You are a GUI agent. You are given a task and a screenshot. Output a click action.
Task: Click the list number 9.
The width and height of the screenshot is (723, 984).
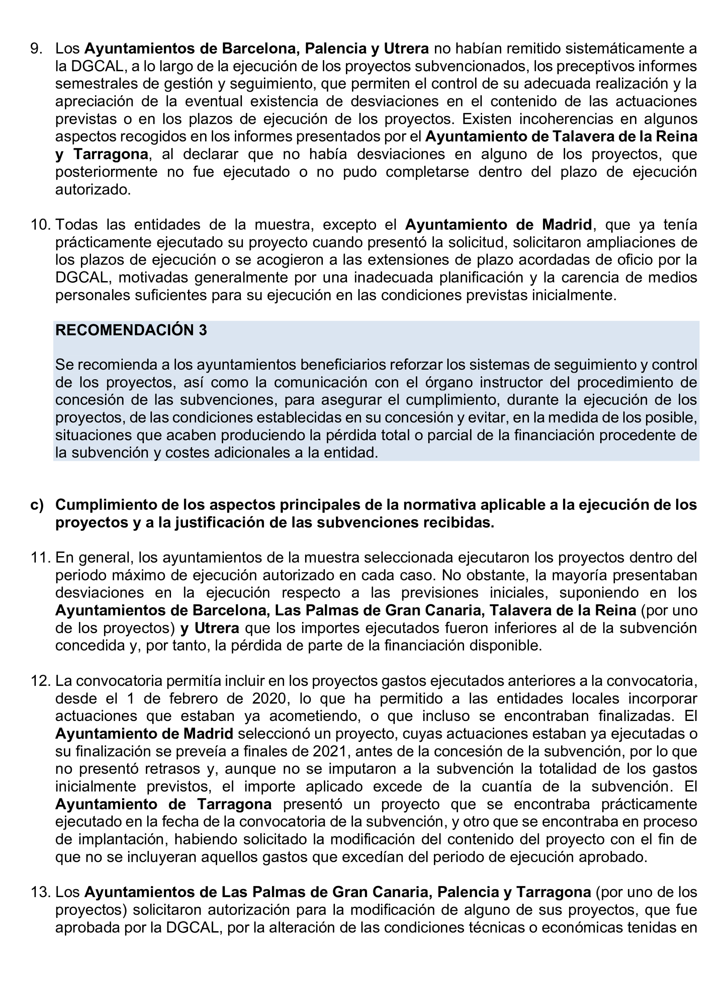tap(36, 49)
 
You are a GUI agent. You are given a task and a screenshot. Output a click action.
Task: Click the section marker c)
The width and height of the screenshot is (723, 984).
tap(37, 505)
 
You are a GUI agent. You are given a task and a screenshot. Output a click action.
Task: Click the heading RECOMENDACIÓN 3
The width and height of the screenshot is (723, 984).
tap(131, 330)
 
